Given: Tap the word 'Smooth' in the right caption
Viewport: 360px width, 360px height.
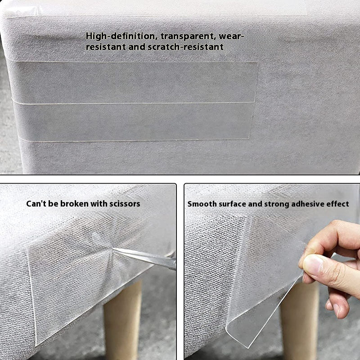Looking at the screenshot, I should (201, 204).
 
